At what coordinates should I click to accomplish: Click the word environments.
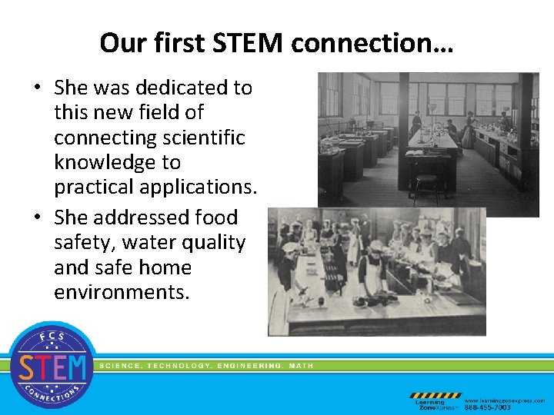point(121,292)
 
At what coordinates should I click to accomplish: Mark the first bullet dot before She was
point(37,88)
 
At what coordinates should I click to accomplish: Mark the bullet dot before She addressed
point(37,218)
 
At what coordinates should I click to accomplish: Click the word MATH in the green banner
point(301,366)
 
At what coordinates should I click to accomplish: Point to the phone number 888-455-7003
point(487,407)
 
